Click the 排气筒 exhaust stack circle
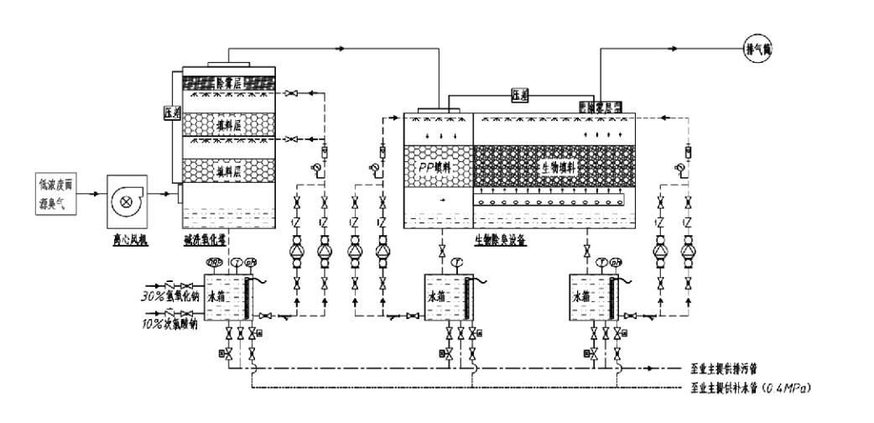(758, 49)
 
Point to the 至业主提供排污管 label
(727, 368)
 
